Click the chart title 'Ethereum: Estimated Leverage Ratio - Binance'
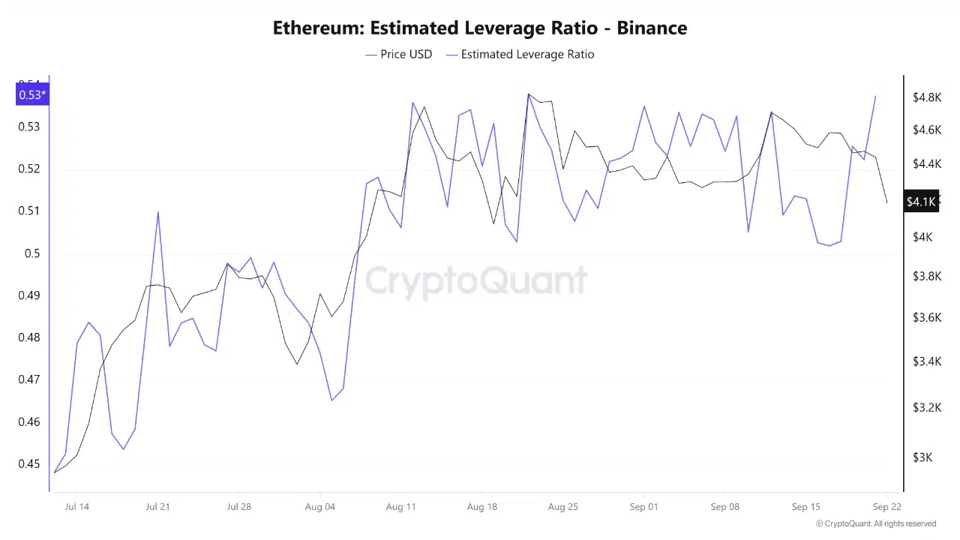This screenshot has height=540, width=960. (x=480, y=28)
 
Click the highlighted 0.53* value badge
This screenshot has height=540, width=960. (x=32, y=94)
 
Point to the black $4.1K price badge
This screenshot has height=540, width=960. (x=921, y=202)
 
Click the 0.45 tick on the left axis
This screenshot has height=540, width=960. (x=29, y=463)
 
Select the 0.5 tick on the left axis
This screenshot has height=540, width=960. (x=32, y=253)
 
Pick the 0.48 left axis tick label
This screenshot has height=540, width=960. (x=29, y=337)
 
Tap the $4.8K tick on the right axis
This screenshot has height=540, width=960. (x=926, y=97)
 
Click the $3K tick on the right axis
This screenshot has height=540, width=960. (x=922, y=457)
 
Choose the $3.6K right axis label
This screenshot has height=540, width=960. (x=926, y=317)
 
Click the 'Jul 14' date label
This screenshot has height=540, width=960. (x=76, y=506)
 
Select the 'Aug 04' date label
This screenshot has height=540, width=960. (x=319, y=506)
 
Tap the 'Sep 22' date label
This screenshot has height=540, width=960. (x=886, y=506)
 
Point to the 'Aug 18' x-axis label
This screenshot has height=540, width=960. (x=481, y=506)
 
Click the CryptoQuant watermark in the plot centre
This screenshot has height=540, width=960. (x=475, y=280)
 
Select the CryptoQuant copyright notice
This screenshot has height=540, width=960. (x=875, y=523)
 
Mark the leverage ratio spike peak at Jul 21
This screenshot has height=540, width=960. (x=158, y=212)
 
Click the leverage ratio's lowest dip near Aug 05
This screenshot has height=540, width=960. (x=331, y=400)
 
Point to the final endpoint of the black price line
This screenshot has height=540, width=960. (x=886, y=202)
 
